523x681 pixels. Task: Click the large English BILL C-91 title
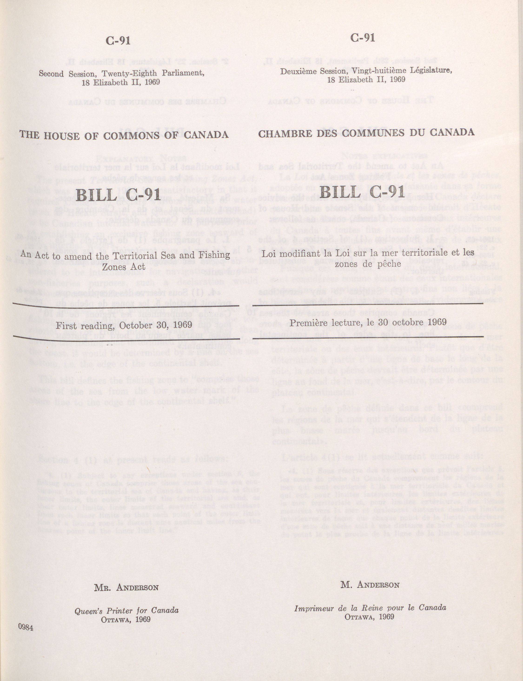[x=118, y=195]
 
